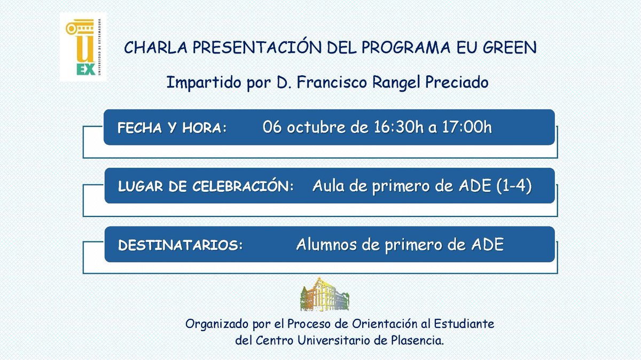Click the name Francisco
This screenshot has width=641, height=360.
coord(327,83)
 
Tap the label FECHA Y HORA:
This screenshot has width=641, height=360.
coord(172,129)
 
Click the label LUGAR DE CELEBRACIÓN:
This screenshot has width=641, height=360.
coord(206,187)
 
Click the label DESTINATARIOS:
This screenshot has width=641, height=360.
coord(180,246)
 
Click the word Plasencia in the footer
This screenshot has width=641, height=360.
coord(417,340)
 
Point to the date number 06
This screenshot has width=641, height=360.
coord(272,128)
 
